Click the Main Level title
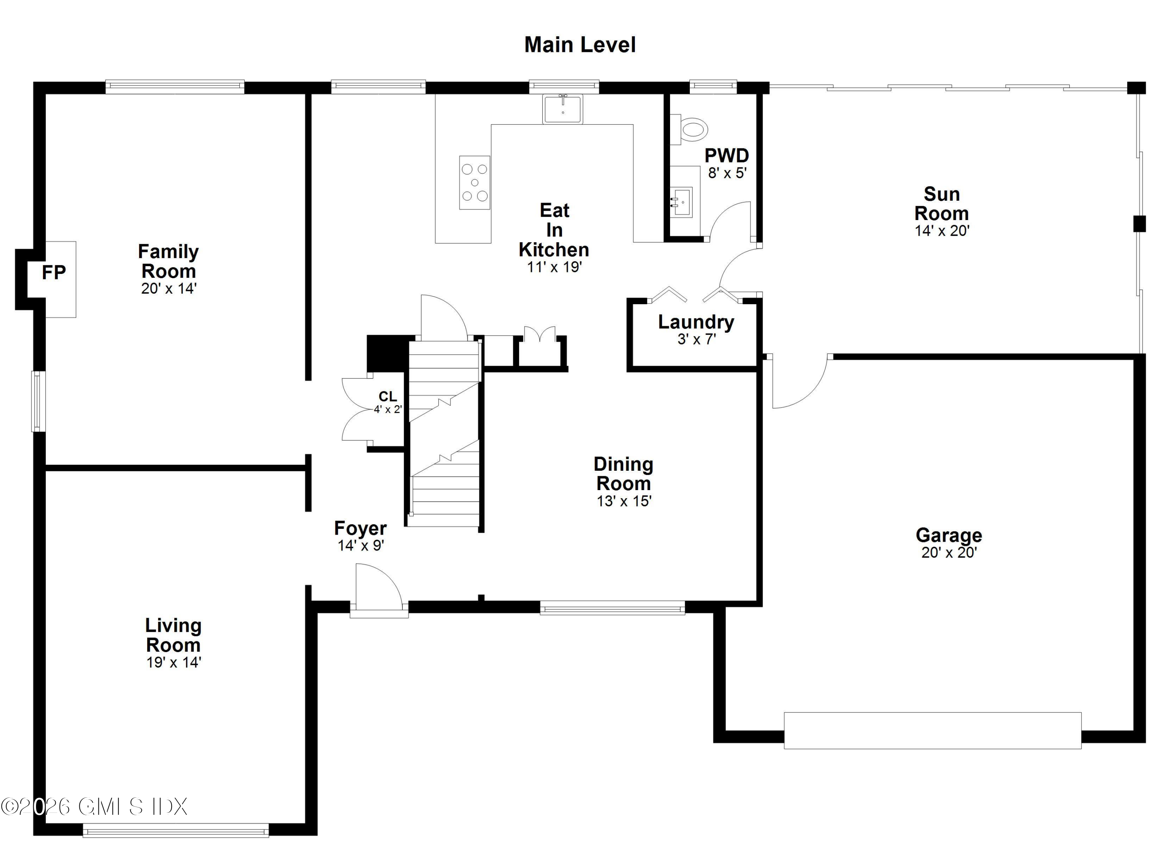point(579,45)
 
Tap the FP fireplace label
point(54,273)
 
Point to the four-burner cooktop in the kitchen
point(474,182)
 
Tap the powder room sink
point(681,202)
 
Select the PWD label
point(727,155)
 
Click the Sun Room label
point(941,204)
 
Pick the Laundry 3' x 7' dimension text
point(696,339)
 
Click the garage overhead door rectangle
point(932,730)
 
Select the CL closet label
point(387,396)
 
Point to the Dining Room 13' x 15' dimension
point(624,501)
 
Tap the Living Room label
point(173,635)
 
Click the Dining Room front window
point(612,608)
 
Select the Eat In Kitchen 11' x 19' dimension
point(554,267)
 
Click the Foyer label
point(360,528)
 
